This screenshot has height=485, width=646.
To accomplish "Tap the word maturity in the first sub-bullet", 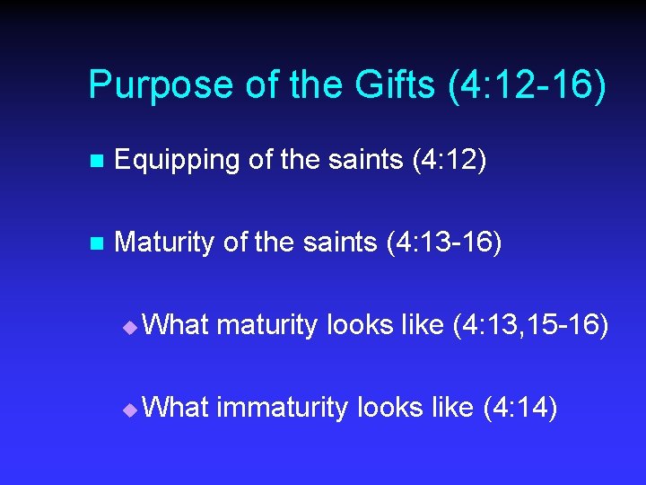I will [266, 326].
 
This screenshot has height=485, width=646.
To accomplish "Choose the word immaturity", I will [282, 409].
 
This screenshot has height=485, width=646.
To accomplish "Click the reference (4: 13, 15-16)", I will [530, 326].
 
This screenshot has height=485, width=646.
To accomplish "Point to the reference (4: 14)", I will [520, 409].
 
